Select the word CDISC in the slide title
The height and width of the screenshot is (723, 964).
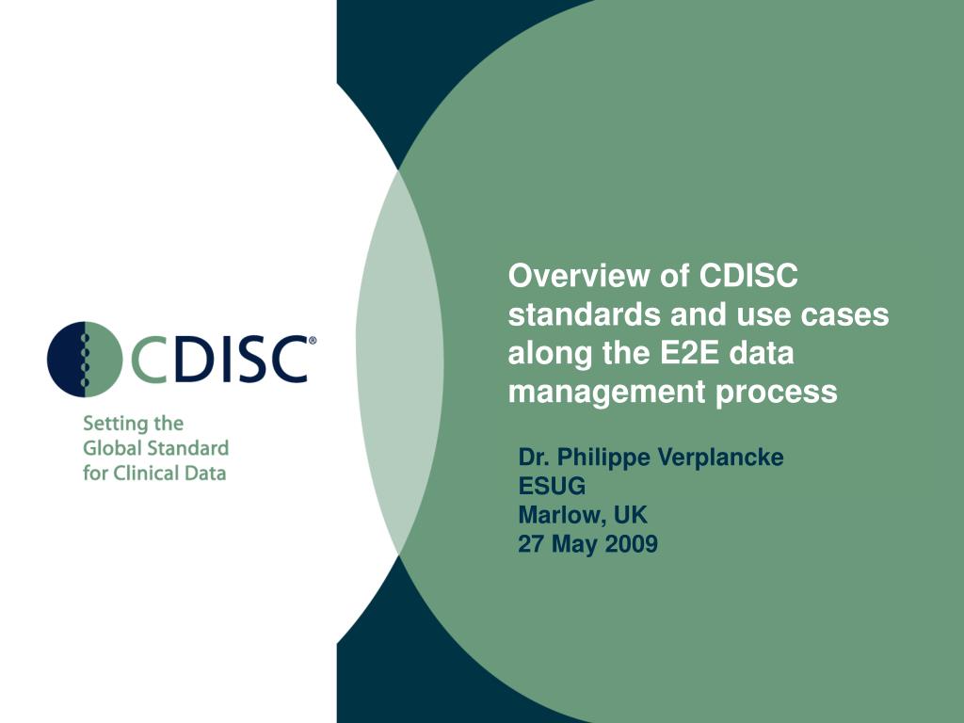[748, 277]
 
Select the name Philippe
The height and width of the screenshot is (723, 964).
[603, 458]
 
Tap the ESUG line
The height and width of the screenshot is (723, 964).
[552, 487]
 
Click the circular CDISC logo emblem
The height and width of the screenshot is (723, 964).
[85, 359]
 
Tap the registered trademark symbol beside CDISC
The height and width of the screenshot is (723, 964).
[313, 342]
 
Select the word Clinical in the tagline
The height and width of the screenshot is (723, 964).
[146, 473]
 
